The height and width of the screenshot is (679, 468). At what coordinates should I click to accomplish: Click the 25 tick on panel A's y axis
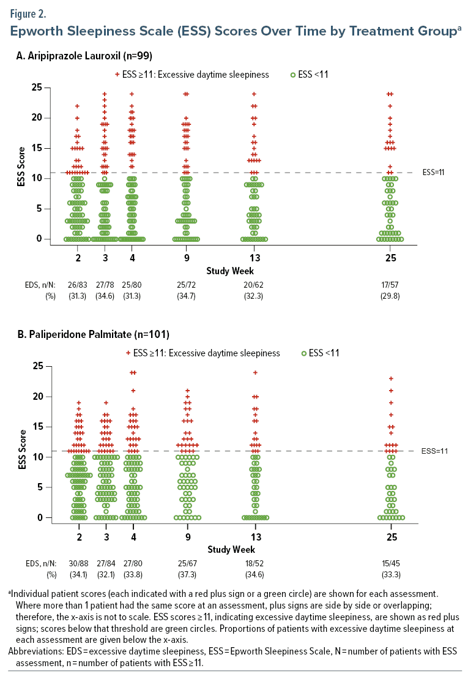(37, 88)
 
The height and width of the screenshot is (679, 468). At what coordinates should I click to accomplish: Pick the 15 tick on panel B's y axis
(38, 427)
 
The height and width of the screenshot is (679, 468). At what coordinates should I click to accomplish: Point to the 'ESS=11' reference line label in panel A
(433, 172)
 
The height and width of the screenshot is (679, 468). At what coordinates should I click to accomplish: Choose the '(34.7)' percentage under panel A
(186, 298)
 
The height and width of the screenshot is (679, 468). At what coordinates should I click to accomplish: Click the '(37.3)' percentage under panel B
(186, 577)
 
